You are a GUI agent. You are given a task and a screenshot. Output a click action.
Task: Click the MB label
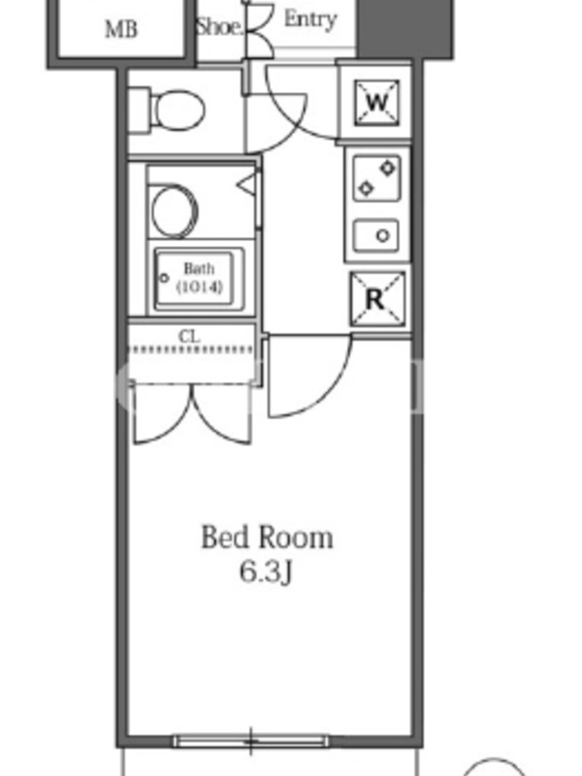(121, 30)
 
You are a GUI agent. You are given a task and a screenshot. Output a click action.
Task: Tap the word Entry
(310, 18)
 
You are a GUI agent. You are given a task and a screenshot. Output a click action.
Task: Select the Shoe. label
(220, 27)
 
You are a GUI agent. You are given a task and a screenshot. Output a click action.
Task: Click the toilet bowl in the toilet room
(178, 110)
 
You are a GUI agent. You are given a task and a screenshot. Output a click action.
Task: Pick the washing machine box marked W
(376, 103)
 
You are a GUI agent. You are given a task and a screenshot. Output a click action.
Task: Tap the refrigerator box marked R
(377, 299)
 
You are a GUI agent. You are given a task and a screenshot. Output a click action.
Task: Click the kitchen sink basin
(376, 235)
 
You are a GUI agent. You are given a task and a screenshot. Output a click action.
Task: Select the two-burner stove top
(376, 178)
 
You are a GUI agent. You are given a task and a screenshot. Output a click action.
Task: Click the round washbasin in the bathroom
(174, 210)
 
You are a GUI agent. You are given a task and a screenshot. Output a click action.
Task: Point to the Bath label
(199, 269)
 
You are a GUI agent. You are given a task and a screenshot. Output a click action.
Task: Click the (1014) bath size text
(199, 286)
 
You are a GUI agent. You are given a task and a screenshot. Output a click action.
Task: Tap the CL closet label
(189, 337)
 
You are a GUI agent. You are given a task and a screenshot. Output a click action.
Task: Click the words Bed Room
(267, 537)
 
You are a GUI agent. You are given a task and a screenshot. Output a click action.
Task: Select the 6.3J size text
(267, 572)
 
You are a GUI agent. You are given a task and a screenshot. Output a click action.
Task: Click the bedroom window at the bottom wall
(250, 741)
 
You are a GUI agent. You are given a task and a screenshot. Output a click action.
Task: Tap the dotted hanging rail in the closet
(191, 350)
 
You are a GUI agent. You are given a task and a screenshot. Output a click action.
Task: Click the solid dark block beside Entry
(404, 29)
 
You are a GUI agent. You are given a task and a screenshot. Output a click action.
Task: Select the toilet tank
(139, 111)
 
